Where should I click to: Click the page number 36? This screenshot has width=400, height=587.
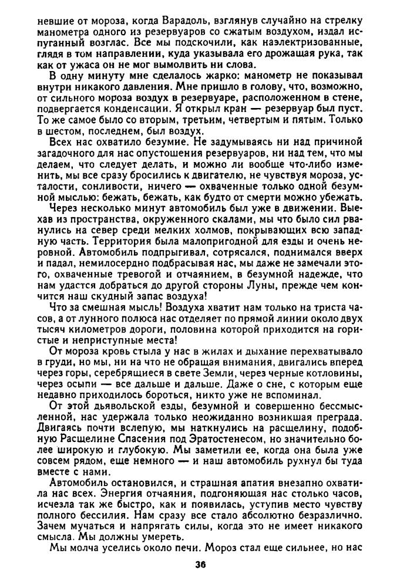[x=200, y=566]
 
